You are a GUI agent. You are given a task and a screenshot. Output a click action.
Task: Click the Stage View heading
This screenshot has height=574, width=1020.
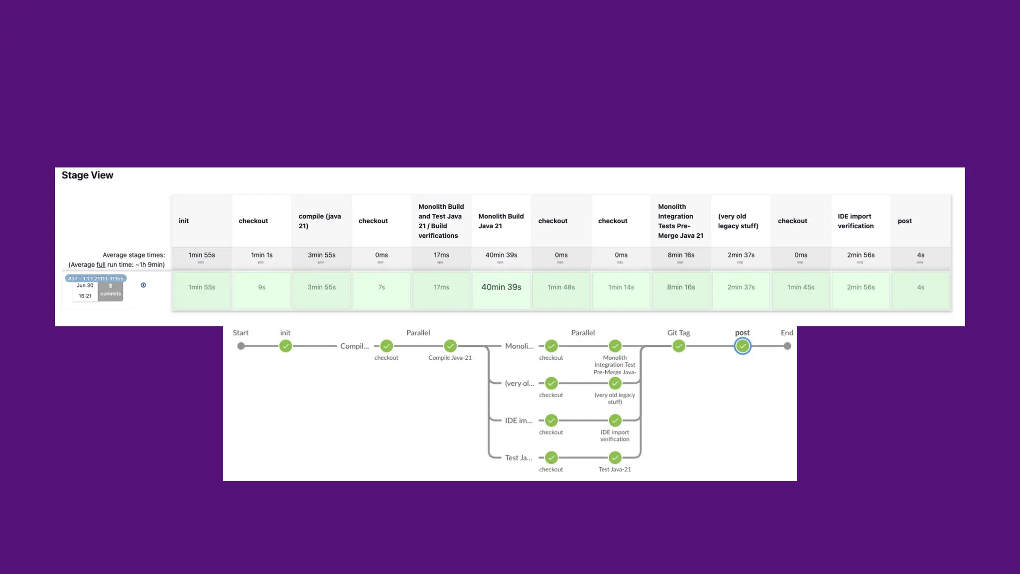coord(87,175)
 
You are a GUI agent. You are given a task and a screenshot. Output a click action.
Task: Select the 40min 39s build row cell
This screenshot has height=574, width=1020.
coord(501,287)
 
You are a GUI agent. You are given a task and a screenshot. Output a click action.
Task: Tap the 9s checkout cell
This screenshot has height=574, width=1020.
coord(261,287)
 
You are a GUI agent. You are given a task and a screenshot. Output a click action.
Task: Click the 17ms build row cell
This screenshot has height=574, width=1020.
coord(441,287)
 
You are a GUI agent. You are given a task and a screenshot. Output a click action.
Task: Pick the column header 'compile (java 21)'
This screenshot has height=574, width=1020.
coord(320,221)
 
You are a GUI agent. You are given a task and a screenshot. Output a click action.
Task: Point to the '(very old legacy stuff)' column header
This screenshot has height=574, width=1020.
coord(738,221)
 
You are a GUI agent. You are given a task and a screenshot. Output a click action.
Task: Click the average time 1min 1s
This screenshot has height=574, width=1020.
coord(261,255)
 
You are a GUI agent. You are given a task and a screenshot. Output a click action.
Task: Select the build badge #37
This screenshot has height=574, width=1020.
coord(96,279)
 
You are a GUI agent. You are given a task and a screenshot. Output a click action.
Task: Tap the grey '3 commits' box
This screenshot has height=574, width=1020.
coord(111,290)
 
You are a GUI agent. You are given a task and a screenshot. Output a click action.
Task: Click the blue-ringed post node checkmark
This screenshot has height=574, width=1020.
coord(742,346)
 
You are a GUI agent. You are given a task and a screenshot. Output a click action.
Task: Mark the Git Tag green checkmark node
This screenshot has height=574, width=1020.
coord(679,346)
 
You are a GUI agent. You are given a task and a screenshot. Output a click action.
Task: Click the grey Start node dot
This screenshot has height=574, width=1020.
coord(241,346)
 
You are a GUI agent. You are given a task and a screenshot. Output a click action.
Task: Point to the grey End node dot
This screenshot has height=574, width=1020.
coord(787,346)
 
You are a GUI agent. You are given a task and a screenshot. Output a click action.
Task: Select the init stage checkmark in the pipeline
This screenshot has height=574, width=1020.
coord(285,346)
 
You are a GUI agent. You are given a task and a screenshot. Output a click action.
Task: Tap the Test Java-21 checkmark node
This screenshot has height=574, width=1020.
coord(615,458)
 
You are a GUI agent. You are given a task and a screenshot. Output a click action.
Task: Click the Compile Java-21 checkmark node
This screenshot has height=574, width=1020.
coord(450,346)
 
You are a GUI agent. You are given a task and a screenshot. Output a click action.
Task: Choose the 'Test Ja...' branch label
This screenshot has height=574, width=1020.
coord(518,458)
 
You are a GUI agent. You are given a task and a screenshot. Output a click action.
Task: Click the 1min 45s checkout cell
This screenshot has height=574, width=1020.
coord(801,287)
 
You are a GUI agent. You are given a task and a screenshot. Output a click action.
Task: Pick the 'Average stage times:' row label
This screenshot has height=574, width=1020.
coord(133,255)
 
